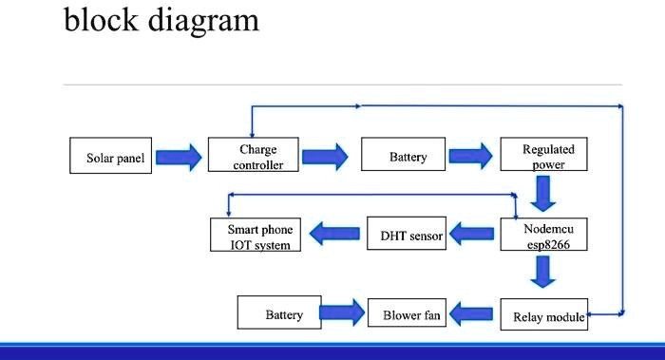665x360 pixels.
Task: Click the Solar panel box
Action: point(109,158)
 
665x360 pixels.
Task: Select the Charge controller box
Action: point(257,156)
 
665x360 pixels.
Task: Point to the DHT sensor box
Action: point(407,234)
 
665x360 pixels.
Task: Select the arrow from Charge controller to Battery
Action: point(325,158)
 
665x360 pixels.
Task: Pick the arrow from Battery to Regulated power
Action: point(471,158)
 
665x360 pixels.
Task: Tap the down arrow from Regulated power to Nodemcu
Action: point(543,196)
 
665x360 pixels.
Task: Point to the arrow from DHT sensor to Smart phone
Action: point(335,233)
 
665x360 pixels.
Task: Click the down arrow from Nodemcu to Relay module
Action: point(543,274)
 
